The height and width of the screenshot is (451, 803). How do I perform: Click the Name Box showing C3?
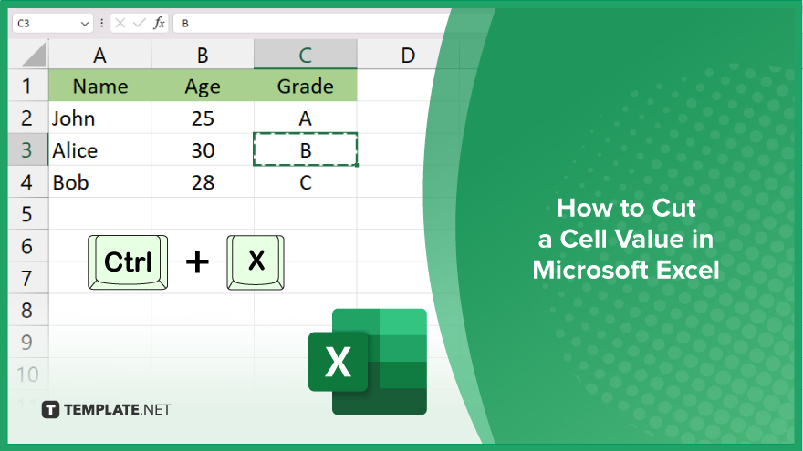(52, 23)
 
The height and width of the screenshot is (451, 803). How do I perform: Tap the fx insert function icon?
(160, 23)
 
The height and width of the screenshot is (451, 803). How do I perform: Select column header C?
(305, 55)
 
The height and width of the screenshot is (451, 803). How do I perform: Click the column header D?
(408, 55)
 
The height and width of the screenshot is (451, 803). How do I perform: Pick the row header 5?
(27, 214)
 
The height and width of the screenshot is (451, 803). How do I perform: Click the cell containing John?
(99, 118)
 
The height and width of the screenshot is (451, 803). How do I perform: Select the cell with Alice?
(99, 150)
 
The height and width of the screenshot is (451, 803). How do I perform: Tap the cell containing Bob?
(99, 182)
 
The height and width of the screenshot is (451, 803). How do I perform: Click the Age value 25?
(203, 118)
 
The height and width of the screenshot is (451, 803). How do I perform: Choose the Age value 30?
(203, 150)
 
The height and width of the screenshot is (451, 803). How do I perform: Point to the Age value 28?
(203, 182)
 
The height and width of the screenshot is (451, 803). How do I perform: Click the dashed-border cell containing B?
(305, 149)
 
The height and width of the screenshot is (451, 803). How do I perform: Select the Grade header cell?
(305, 86)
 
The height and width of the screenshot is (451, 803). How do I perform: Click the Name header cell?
(99, 86)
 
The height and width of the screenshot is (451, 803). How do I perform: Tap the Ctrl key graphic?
(128, 262)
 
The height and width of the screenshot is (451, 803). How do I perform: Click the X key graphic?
(255, 262)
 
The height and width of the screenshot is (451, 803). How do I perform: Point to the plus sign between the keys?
(197, 262)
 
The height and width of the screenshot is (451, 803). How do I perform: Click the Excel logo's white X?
(338, 362)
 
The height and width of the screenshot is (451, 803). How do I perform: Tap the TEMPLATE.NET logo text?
(118, 410)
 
